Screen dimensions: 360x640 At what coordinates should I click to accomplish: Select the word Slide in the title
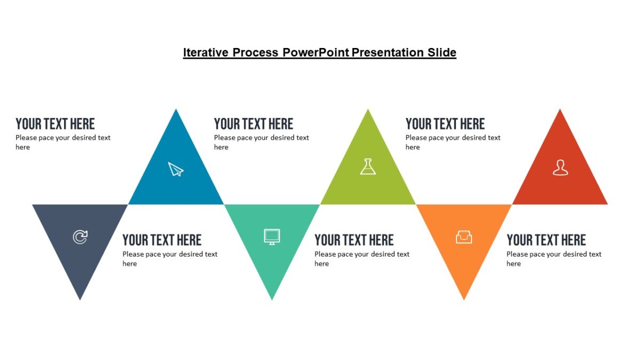(x=442, y=52)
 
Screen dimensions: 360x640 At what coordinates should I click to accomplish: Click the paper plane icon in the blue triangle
(x=175, y=169)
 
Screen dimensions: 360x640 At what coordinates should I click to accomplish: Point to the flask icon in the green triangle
(x=368, y=166)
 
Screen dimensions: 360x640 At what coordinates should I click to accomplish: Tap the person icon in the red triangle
(x=560, y=167)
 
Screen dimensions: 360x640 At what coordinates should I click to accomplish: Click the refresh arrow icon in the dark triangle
(x=80, y=237)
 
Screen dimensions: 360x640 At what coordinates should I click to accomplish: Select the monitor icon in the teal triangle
(x=272, y=236)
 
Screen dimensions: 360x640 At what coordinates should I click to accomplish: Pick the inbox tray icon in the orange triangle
(x=464, y=237)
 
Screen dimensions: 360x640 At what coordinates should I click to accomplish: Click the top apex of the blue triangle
(x=176, y=111)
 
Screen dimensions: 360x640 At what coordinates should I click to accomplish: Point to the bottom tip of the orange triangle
(x=464, y=298)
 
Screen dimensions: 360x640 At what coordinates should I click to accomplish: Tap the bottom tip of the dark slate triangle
(x=80, y=298)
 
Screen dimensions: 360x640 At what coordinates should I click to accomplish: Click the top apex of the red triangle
(x=560, y=111)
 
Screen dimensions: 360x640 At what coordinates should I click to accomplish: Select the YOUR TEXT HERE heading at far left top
(x=55, y=124)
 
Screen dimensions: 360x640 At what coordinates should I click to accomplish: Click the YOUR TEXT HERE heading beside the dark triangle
(x=162, y=240)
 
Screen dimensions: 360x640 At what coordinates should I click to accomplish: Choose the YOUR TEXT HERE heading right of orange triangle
(x=546, y=240)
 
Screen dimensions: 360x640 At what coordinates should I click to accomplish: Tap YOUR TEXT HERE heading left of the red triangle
(x=445, y=124)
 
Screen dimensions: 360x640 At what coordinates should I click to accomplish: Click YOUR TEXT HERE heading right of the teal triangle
(x=354, y=240)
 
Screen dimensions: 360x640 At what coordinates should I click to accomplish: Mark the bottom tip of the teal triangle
(x=272, y=298)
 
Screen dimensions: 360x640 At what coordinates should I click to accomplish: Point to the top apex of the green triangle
(x=368, y=111)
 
